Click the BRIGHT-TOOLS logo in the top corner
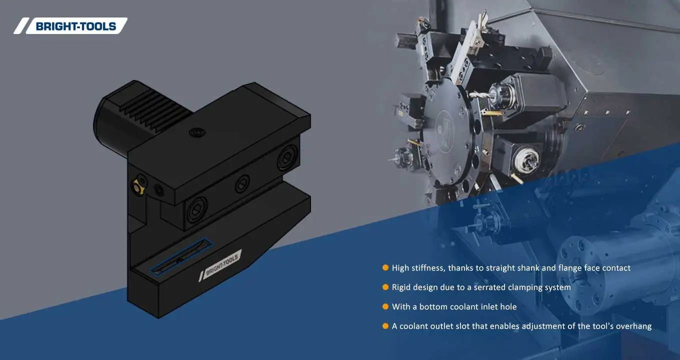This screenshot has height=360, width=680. point(70,26)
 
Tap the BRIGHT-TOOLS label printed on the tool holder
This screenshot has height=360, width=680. point(220,265)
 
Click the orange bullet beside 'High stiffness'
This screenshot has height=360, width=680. point(385,267)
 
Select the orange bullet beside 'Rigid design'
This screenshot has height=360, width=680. point(385,287)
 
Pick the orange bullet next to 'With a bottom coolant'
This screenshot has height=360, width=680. point(385,306)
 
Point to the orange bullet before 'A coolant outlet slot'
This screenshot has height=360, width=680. point(385,325)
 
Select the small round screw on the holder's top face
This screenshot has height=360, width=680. point(196,132)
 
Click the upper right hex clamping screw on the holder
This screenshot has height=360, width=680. point(287,157)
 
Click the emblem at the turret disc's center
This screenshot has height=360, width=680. point(444,127)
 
